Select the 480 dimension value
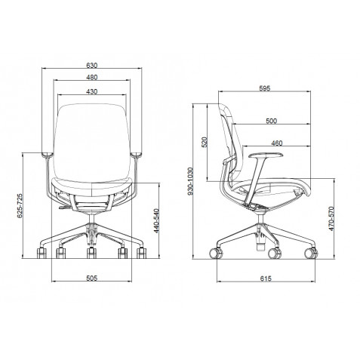(x=91, y=78)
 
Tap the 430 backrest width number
(x=91, y=91)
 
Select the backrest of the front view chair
(x=91, y=136)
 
